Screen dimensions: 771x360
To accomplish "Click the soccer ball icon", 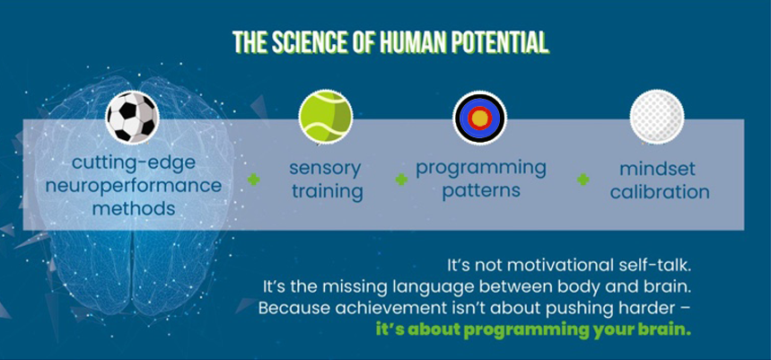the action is click(x=132, y=117).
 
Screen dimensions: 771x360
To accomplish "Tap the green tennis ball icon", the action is click(x=326, y=117).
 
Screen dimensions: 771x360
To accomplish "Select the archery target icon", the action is click(x=479, y=118).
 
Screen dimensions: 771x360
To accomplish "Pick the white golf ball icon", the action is click(x=657, y=117).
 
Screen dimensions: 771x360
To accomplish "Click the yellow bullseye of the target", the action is click(x=479, y=118).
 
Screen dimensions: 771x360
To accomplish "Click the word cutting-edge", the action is click(x=133, y=163).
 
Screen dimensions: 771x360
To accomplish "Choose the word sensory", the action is click(x=325, y=169).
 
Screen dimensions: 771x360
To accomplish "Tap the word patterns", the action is click(x=481, y=190).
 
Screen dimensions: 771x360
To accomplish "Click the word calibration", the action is click(x=660, y=191).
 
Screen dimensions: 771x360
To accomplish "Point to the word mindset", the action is click(x=657, y=169).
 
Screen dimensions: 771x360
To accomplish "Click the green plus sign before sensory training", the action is click(x=254, y=180).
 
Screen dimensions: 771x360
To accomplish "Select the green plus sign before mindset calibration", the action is click(x=583, y=180).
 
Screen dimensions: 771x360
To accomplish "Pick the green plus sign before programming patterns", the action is click(x=401, y=180).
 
